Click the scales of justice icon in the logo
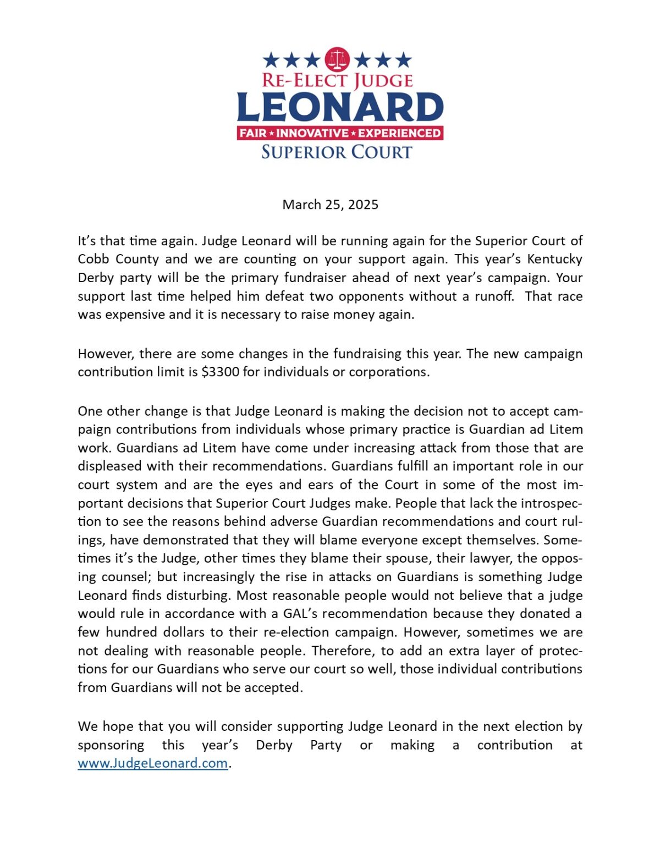point(338,59)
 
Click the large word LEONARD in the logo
point(340,107)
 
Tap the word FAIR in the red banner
point(253,133)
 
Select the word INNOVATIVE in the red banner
point(312,133)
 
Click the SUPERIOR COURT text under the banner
point(337,152)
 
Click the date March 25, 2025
point(330,205)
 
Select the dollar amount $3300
point(221,372)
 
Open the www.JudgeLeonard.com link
point(152,763)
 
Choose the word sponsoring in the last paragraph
point(111,745)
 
